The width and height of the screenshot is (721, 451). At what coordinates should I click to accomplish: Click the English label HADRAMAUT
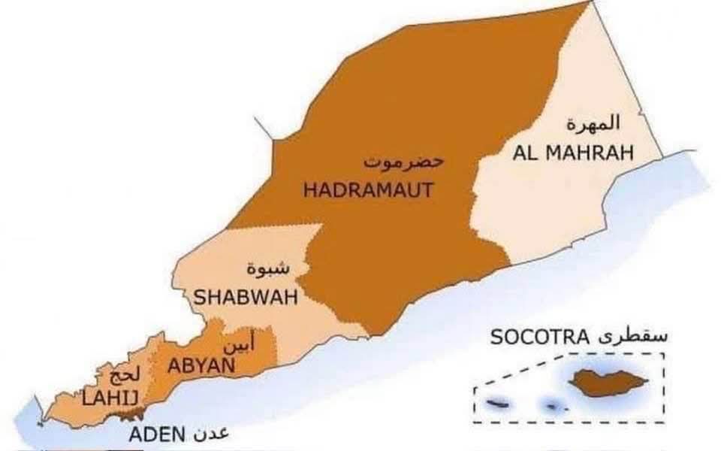[x=368, y=190]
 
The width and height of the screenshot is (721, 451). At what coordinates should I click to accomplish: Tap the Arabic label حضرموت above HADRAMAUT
[x=394, y=161]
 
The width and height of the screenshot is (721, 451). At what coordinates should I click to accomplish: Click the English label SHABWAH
[x=246, y=297]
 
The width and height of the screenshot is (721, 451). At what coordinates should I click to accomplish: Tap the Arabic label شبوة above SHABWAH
[x=267, y=267]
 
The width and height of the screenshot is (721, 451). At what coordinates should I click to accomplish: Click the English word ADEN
[x=155, y=434]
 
